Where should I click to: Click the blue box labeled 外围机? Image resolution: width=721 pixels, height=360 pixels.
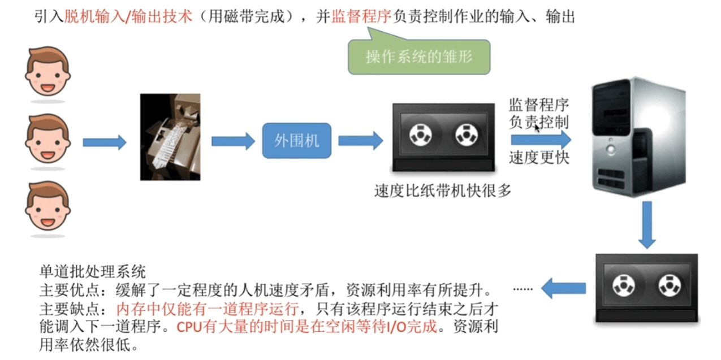pos(297,140)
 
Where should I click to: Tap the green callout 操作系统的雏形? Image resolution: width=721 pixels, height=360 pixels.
pos(418,58)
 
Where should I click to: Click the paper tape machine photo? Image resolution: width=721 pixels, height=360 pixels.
pos(170,137)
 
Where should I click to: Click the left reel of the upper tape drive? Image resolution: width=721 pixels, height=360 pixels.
pos(420,136)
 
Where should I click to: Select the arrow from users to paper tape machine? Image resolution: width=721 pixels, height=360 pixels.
pos(105,142)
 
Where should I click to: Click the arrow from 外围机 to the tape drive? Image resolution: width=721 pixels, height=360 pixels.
pos(361,141)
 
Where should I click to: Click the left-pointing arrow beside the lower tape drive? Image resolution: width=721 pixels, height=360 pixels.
pos(563,288)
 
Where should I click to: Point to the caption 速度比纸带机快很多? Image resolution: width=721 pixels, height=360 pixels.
pos(443,191)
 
